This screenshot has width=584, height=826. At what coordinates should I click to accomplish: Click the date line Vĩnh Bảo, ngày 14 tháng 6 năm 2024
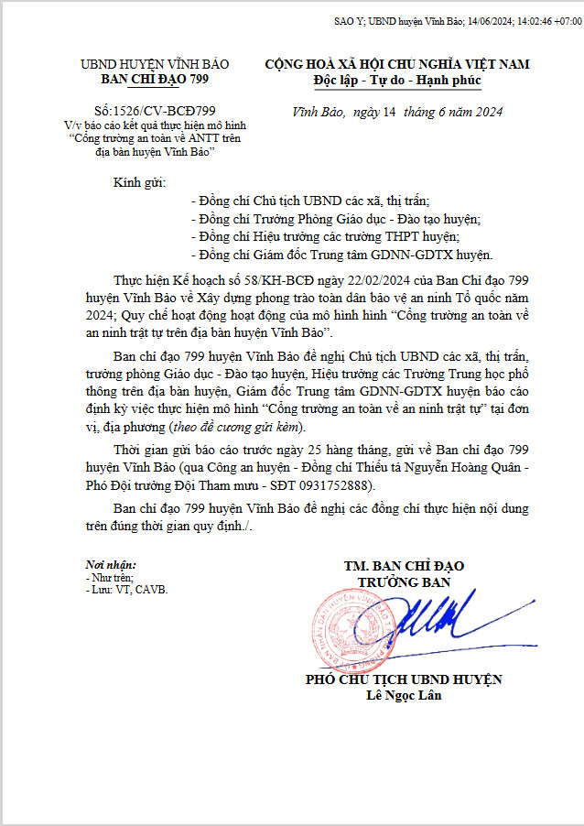397,113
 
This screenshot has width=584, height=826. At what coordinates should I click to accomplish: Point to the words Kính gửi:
134,182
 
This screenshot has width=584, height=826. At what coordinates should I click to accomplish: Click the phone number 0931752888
341,485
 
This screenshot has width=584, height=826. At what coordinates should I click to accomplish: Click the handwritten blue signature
435,623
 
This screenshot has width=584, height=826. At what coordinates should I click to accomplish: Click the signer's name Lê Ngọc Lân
403,696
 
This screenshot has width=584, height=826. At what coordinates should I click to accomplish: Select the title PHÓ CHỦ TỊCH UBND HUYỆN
403,679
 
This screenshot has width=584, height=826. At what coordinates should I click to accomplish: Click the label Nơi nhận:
110,566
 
